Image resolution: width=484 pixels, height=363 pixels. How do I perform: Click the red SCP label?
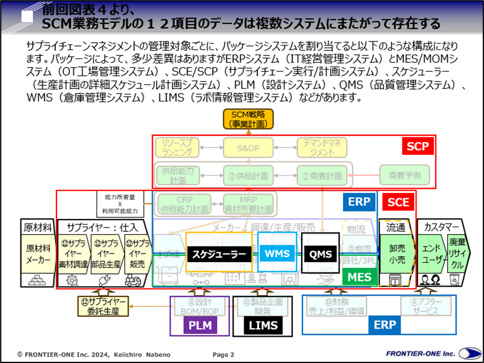tap(417, 147)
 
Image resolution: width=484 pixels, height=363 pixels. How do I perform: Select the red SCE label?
tap(399, 202)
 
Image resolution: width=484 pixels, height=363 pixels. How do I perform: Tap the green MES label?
tap(359, 277)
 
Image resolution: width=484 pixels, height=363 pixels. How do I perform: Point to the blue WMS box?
tap(277, 253)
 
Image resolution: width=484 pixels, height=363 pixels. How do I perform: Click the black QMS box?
tap(320, 253)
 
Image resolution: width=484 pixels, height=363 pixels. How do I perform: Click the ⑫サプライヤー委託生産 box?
tap(104, 305)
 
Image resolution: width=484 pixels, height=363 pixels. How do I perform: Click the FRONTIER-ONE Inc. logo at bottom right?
tap(434, 353)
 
